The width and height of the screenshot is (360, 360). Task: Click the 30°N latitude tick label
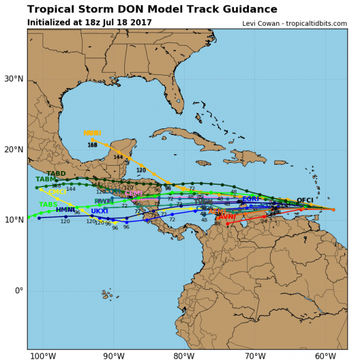point(13,79)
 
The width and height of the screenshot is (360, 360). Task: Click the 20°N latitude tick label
point(13,149)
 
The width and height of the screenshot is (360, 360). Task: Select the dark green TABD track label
point(56,174)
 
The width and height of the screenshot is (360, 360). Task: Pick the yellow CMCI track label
point(57,192)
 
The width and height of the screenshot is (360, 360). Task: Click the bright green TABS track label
point(48,205)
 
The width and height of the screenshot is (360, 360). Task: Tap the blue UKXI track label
point(100,211)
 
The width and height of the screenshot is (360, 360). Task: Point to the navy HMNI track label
point(65,210)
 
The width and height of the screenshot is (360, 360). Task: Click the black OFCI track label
point(305,200)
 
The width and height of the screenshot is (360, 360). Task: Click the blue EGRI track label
point(251,199)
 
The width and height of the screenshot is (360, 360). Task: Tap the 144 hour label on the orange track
point(118,157)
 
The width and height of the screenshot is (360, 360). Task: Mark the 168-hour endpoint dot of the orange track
point(92,140)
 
